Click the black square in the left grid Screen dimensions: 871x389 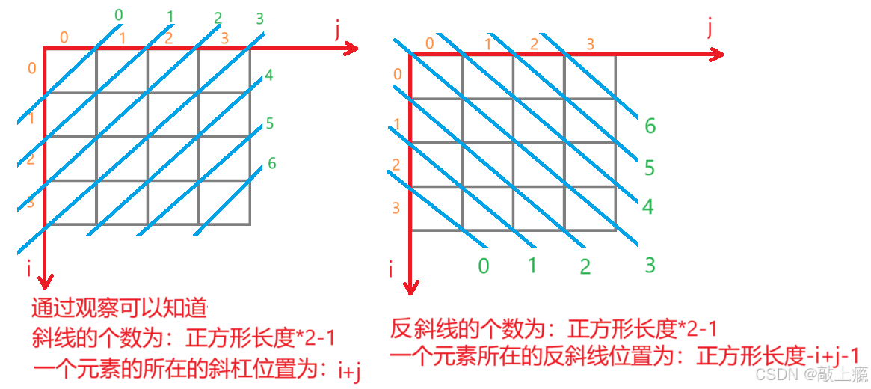click(x=69, y=70)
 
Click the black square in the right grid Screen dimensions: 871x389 click(x=434, y=77)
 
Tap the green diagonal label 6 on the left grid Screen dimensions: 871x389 click(x=271, y=162)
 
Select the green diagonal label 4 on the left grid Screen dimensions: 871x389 click(x=269, y=75)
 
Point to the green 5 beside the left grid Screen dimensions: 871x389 click(x=270, y=123)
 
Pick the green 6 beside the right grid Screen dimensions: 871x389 click(x=650, y=126)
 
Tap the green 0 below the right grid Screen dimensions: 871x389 click(x=484, y=266)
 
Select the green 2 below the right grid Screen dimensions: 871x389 click(x=585, y=266)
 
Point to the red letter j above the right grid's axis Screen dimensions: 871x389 click(x=710, y=28)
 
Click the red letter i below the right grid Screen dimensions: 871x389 click(x=390, y=268)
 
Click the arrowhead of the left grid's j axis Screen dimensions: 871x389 click(x=352, y=49)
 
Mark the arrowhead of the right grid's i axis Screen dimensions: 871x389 click(x=409, y=287)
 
